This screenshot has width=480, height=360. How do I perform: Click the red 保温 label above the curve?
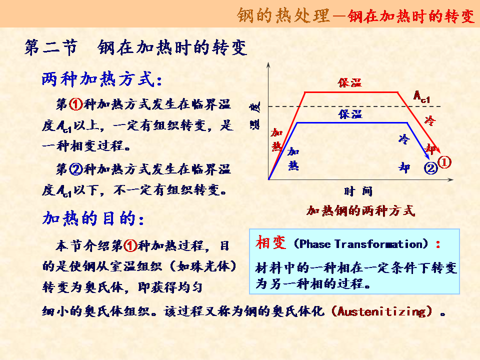[x=350, y=82]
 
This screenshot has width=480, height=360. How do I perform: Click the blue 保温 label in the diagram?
[x=350, y=114]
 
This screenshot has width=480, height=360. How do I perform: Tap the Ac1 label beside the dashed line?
[x=421, y=97]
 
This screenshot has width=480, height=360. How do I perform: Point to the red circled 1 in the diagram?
[x=444, y=162]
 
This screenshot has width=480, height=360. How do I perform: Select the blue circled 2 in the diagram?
[x=430, y=168]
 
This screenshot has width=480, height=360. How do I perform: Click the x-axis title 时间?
[x=358, y=191]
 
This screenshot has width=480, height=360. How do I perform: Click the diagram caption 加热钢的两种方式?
[x=360, y=211]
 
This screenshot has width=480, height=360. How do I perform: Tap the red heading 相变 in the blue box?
[x=271, y=243]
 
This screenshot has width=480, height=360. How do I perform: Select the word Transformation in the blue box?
[x=378, y=244]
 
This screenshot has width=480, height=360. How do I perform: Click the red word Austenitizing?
[x=381, y=312]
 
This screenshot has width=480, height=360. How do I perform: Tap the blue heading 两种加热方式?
[x=101, y=79]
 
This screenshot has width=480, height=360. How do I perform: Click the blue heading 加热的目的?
[x=93, y=218]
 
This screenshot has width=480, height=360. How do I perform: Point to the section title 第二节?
[x=51, y=48]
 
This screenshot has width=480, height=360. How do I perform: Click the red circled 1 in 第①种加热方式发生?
[x=76, y=104]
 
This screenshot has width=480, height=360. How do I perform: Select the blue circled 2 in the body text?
[x=76, y=169]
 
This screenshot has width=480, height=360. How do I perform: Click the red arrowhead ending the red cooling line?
[x=438, y=150]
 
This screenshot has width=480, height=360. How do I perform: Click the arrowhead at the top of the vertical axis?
[x=268, y=64]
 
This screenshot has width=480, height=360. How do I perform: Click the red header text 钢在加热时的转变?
[x=411, y=16]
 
